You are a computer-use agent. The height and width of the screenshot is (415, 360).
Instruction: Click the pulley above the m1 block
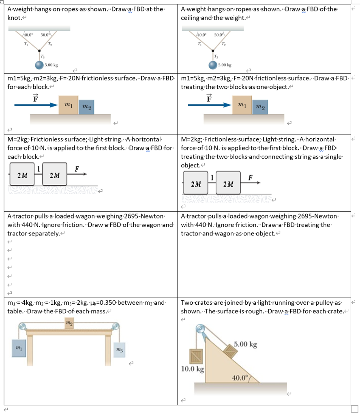pyautogui.click(x=22, y=325)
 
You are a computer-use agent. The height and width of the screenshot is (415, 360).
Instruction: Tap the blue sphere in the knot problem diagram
pyautogui.click(x=39, y=65)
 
